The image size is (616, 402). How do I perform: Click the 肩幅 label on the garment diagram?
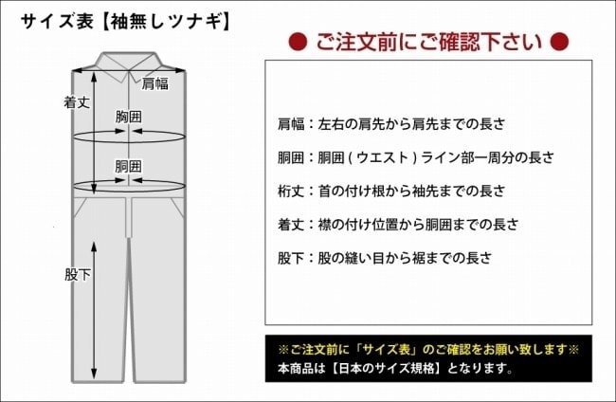[x=154, y=83]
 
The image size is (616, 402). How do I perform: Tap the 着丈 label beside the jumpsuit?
[x=77, y=102]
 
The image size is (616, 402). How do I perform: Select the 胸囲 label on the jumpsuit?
[x=129, y=117]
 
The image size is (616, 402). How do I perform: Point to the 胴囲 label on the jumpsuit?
[x=129, y=167]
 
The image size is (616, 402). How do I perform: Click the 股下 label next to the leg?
[x=78, y=275]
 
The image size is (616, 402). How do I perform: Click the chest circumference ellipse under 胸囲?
[x=129, y=142]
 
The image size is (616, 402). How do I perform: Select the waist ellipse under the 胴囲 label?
[x=129, y=191]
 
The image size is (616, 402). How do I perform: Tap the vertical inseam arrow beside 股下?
[x=94, y=311]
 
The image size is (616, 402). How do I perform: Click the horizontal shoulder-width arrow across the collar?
[x=129, y=71]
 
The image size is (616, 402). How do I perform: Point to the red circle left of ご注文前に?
[x=298, y=42]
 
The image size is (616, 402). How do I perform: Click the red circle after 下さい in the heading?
[x=559, y=42]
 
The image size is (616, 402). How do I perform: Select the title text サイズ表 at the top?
[x=58, y=21]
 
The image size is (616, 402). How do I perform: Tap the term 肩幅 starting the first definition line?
[x=291, y=124]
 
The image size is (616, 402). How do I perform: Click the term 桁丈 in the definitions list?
[x=291, y=191]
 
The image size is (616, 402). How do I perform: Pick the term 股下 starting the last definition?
[x=291, y=258]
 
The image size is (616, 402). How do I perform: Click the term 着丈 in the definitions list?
[x=291, y=225]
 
